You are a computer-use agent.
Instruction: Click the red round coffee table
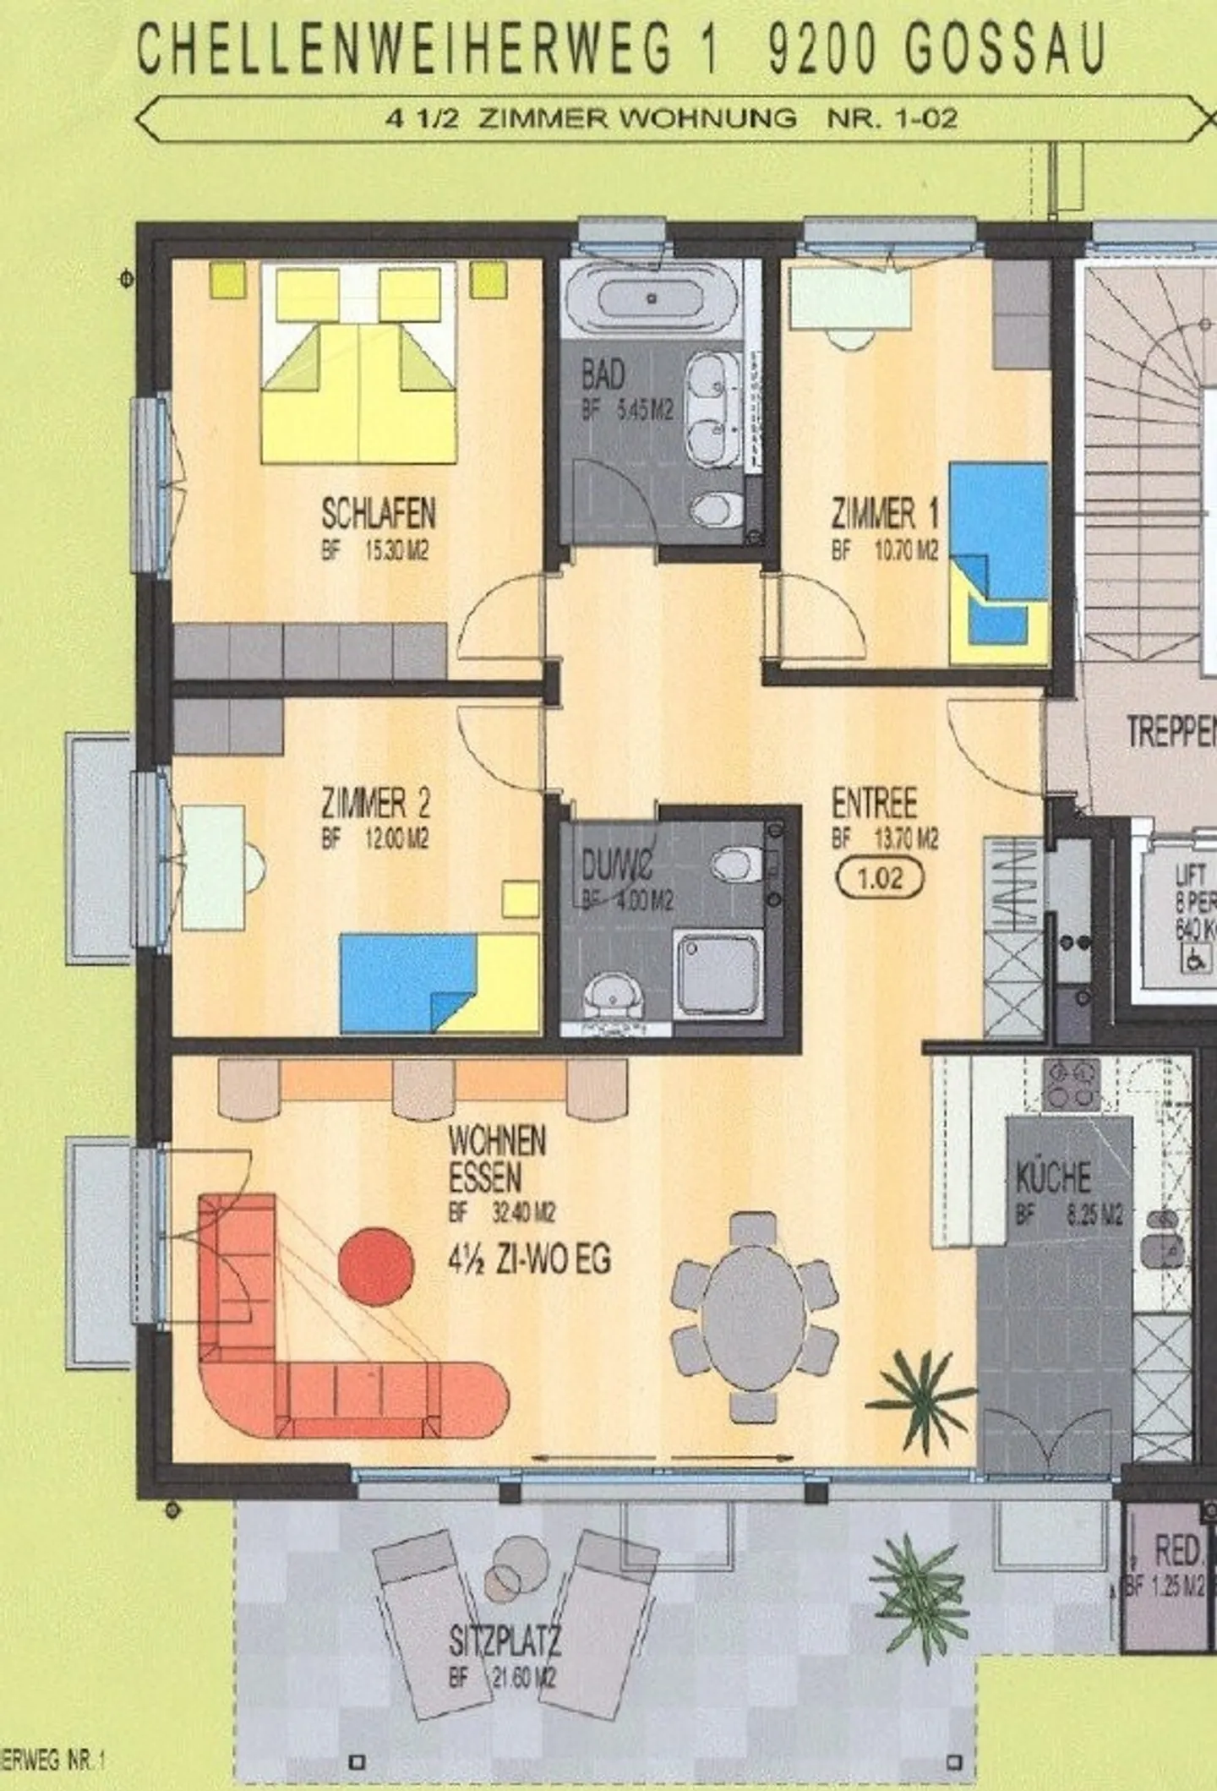pyautogui.click(x=376, y=1265)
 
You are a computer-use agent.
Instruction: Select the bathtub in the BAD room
pyautogui.click(x=651, y=298)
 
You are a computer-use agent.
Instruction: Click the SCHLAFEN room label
pyautogui.click(x=378, y=514)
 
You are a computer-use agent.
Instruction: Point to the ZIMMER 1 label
pyautogui.click(x=884, y=514)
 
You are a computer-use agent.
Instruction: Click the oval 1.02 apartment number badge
pyautogui.click(x=880, y=879)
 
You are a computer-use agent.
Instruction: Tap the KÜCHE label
pyautogui.click(x=1053, y=1177)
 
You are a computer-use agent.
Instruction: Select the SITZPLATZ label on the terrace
pyautogui.click(x=504, y=1641)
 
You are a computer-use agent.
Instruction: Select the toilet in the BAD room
pyautogui.click(x=715, y=510)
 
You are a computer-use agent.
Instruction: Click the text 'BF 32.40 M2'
pyautogui.click(x=501, y=1214)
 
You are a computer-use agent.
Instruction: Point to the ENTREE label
pyautogui.click(x=874, y=804)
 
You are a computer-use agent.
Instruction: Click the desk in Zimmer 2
pyautogui.click(x=213, y=867)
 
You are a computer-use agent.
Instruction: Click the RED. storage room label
pyautogui.click(x=1177, y=1551)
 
